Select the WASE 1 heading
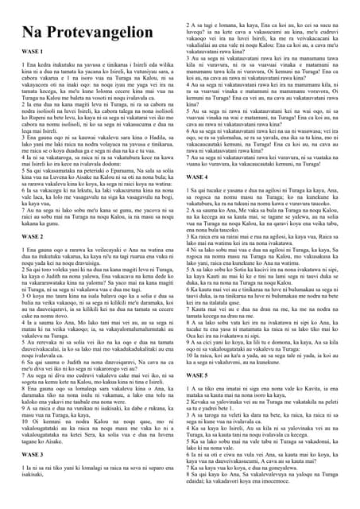point(30,72)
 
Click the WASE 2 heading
point(30,236)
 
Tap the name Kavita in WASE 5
point(325,387)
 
